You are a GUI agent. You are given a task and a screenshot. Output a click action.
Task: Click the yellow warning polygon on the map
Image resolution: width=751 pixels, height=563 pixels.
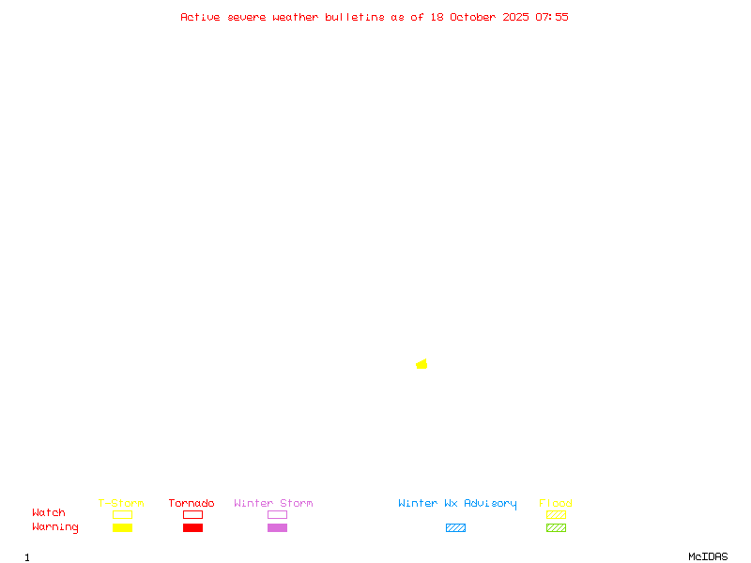coord(422,364)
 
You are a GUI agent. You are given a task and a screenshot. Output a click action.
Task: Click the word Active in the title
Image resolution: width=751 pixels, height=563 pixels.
coord(201,17)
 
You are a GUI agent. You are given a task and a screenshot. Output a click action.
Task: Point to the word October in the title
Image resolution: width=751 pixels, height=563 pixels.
coord(479,17)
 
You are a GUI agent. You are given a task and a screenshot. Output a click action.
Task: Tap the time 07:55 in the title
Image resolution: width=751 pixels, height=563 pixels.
coord(552,17)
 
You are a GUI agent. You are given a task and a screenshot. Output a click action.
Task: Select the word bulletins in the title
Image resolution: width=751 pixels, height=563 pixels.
coord(355,17)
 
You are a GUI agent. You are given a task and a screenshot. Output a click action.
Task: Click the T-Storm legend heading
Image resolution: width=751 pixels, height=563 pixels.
coord(121,504)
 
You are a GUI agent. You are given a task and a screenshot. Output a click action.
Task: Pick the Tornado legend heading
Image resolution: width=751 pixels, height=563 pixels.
coord(192,504)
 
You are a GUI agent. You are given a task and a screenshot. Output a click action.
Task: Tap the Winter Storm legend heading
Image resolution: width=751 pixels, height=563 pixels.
coord(273,504)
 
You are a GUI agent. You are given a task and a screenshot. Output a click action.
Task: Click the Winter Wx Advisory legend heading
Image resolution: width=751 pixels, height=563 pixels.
coord(457,504)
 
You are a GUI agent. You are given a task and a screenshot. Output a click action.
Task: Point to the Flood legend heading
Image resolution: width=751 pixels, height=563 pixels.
coord(556,504)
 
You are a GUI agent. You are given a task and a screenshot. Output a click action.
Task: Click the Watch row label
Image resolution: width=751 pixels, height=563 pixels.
coord(49,513)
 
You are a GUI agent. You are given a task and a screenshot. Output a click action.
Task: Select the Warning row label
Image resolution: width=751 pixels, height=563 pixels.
coord(55,527)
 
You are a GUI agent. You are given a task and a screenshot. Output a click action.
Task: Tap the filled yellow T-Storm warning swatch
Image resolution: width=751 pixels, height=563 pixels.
coord(122,528)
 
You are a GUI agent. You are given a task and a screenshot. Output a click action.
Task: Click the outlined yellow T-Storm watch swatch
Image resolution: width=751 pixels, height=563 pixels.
coord(122,514)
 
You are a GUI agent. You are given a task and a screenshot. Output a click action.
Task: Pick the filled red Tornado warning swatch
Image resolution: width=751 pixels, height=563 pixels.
coord(192,528)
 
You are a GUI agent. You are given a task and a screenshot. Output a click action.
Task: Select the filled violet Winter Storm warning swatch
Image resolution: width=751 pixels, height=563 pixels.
coord(277,528)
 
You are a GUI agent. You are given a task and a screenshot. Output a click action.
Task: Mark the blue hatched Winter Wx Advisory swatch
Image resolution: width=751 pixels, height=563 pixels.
coord(455,528)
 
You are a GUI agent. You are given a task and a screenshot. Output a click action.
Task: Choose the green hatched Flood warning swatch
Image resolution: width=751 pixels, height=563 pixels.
coord(556,528)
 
